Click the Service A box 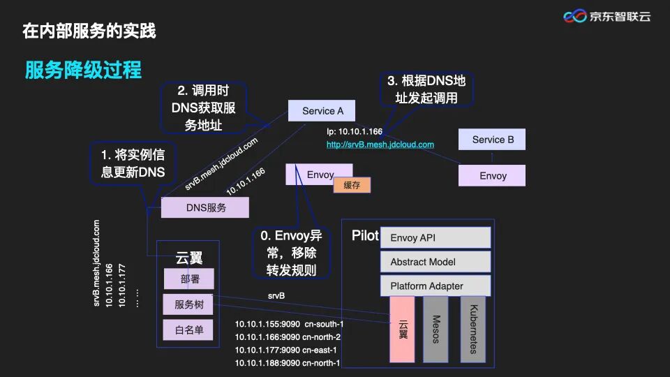click(322, 111)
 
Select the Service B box click(492, 140)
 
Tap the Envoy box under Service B click(492, 176)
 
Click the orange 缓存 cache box click(352, 185)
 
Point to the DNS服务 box click(205, 207)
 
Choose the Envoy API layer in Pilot click(435, 238)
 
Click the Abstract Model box click(435, 262)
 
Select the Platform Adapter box click(435, 286)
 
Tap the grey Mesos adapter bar click(435, 329)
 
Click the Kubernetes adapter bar click(472, 329)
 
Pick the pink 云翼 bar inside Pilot click(403, 329)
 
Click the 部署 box click(188, 279)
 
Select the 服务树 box click(188, 304)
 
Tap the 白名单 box click(188, 330)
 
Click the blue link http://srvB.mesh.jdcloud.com click(380, 145)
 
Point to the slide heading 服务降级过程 click(83, 70)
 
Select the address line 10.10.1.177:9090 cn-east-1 click(286, 350)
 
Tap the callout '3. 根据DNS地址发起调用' click(426, 89)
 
